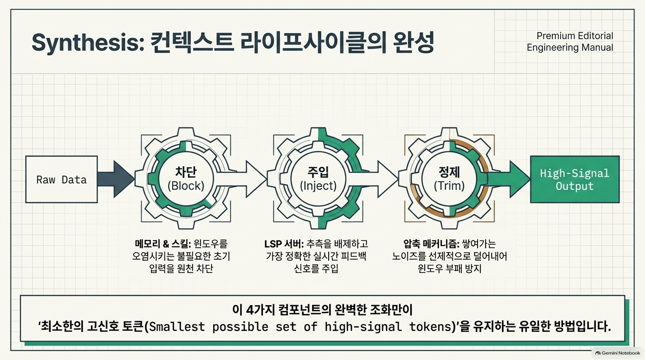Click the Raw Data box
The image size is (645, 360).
[x=61, y=180]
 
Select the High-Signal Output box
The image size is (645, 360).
[x=575, y=180]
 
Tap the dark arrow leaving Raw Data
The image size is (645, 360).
[x=116, y=179]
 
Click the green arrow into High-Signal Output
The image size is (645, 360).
[x=508, y=179]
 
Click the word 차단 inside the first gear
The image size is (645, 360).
[x=186, y=172]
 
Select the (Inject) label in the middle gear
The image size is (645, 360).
[x=318, y=186]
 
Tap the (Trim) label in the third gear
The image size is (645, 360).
[x=449, y=186]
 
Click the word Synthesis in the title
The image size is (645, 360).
[x=88, y=43]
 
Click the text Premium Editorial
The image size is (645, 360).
[x=575, y=36]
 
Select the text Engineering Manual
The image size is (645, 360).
[x=570, y=47]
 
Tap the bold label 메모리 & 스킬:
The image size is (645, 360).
[x=163, y=244]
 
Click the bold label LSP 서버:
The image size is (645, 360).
[x=284, y=244]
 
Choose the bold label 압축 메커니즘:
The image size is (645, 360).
[x=431, y=244]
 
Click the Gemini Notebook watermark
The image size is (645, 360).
[x=618, y=353]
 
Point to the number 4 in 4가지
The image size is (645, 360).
[x=250, y=310]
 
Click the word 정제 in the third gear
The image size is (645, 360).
[x=449, y=172]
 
